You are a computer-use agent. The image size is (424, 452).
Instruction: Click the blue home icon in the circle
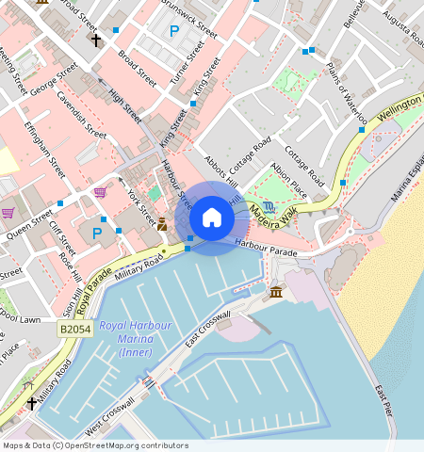pyautogui.click(x=212, y=218)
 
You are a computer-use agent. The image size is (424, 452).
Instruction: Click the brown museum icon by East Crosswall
pyautogui.click(x=274, y=293)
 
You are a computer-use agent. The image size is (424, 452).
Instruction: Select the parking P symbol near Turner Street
pyautogui.click(x=173, y=32)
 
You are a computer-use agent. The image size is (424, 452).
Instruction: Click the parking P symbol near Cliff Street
pyautogui.click(x=96, y=233)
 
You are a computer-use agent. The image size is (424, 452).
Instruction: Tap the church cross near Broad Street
pyautogui.click(x=96, y=40)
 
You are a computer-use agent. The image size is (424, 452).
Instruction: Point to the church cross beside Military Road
pyautogui.click(x=33, y=403)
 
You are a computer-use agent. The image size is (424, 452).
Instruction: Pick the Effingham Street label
pyautogui.click(x=44, y=150)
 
